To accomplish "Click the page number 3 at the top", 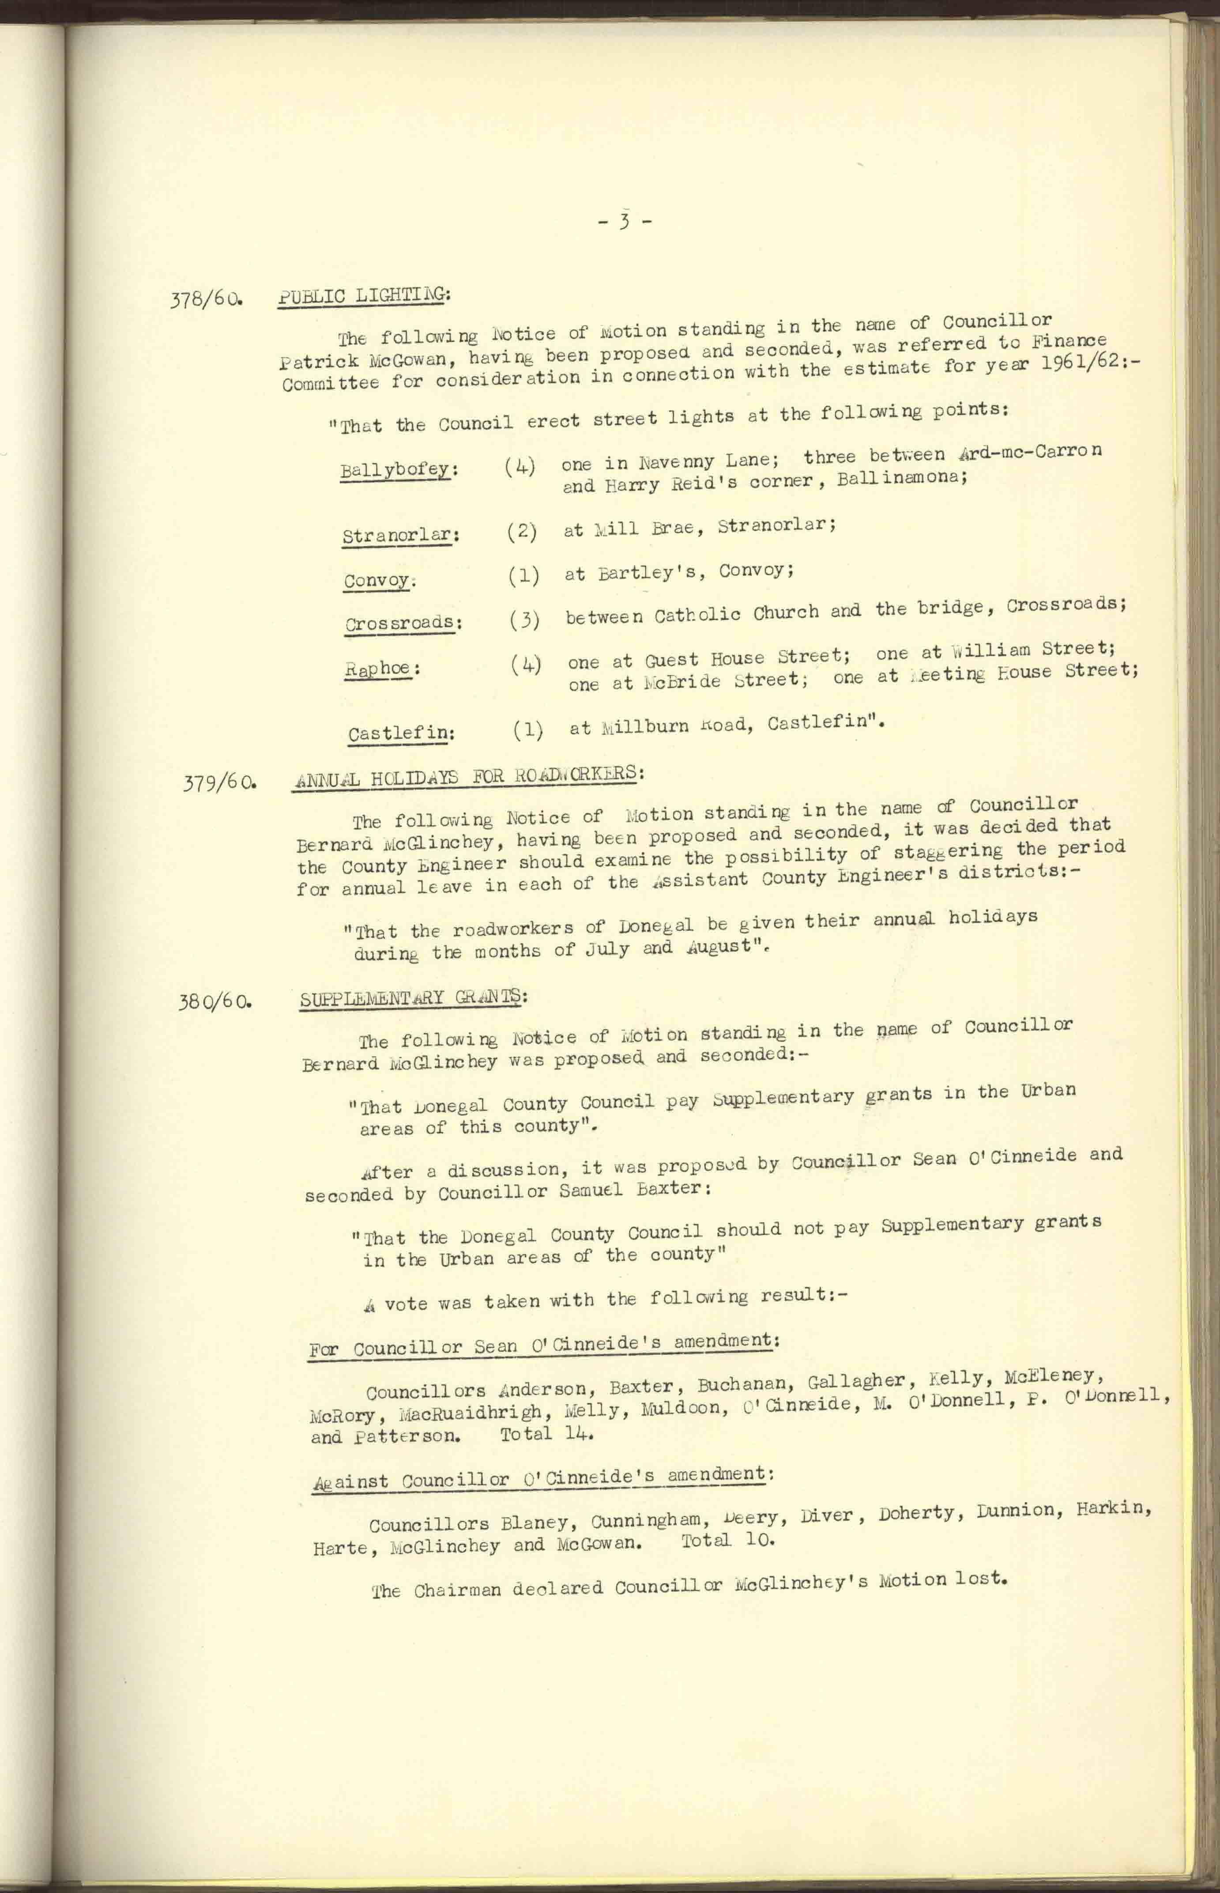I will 624,223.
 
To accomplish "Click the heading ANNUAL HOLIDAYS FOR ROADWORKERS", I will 465,775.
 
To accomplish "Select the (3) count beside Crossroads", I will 524,619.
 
